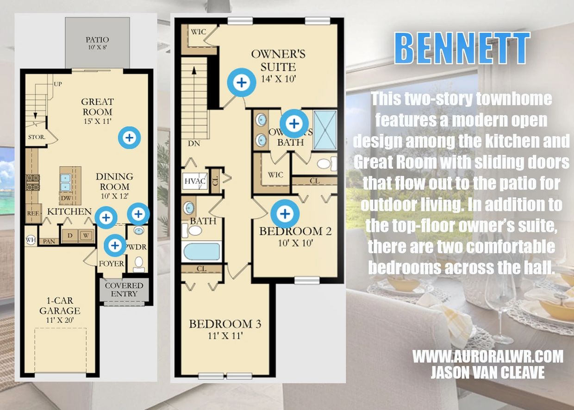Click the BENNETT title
(462, 48)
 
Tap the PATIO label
(97, 40)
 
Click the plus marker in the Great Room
(130, 138)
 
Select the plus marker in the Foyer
(115, 245)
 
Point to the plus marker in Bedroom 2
(285, 214)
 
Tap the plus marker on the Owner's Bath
(294, 124)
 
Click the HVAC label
(195, 181)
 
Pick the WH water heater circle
(31, 240)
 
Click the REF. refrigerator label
(33, 213)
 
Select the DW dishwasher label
(66, 198)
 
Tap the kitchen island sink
(66, 182)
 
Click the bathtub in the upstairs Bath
(202, 252)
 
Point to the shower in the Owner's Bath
(325, 130)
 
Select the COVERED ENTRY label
(124, 289)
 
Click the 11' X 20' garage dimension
(60, 320)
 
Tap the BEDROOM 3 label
(225, 324)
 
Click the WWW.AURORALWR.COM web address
(488, 356)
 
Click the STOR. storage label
(37, 137)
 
